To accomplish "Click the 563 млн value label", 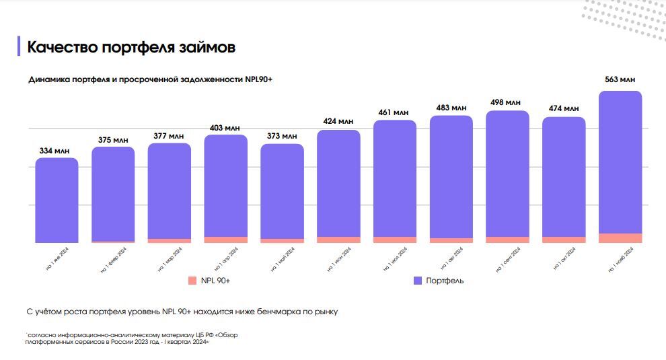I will [x=620, y=80].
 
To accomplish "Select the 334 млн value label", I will [x=57, y=150].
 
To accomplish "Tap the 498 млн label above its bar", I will [x=507, y=102].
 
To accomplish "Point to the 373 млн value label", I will [x=282, y=136].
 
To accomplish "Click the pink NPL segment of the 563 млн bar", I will [x=620, y=238].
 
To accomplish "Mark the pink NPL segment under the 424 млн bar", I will [x=338, y=240].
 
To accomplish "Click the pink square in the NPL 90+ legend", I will [x=192, y=281].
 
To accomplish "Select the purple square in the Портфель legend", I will [x=417, y=281].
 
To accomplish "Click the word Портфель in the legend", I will [x=445, y=281].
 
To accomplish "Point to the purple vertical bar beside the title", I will [x=19, y=46].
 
